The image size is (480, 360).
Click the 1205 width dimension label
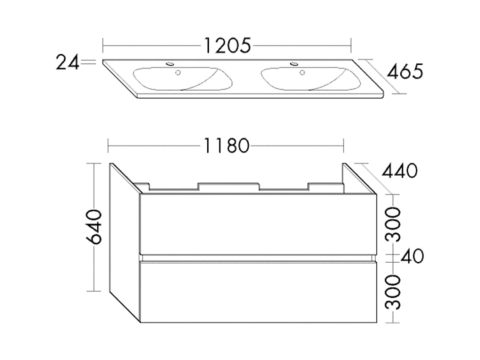(x=227, y=46)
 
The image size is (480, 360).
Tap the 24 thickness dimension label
(x=67, y=62)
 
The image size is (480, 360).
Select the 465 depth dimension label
(x=404, y=72)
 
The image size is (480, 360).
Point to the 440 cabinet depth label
(x=400, y=171)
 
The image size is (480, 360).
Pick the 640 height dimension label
(x=94, y=227)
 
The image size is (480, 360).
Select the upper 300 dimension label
(x=393, y=224)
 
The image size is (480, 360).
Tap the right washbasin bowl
(x=307, y=79)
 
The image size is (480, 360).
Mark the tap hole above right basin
(x=294, y=63)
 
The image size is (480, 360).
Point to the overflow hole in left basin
(x=178, y=72)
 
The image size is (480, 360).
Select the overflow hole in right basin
(x=301, y=72)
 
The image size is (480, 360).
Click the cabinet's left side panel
(x=124, y=241)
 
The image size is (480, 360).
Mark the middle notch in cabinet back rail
(x=229, y=186)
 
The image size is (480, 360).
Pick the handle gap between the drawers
(x=258, y=257)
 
